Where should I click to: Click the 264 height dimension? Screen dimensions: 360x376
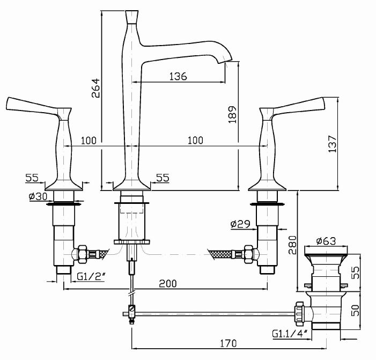click(x=95, y=87)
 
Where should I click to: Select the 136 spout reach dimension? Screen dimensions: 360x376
click(x=178, y=76)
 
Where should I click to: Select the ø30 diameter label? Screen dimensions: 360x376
click(x=37, y=196)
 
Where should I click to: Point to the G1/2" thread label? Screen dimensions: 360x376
click(x=91, y=277)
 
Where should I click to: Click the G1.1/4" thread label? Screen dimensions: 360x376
click(x=289, y=334)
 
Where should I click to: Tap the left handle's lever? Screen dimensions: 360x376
click(x=32, y=104)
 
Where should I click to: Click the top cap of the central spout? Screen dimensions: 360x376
click(x=132, y=15)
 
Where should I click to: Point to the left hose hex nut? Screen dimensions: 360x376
click(x=81, y=252)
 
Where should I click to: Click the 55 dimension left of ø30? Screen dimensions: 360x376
click(x=33, y=177)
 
